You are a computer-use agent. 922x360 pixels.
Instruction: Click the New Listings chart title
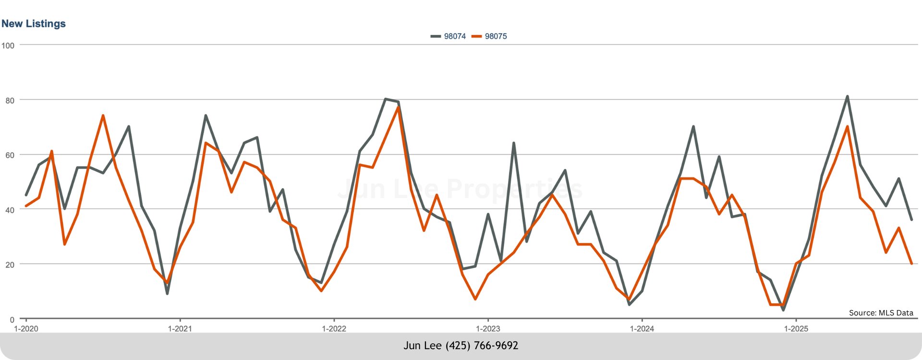pyautogui.click(x=34, y=24)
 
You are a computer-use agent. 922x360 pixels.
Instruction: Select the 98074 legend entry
pyautogui.click(x=449, y=36)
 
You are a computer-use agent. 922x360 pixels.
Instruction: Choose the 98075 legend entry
pyautogui.click(x=490, y=36)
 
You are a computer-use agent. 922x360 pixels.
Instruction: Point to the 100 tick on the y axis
pyautogui.click(x=8, y=46)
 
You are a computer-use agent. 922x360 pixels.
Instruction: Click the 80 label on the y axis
pyautogui.click(x=10, y=101)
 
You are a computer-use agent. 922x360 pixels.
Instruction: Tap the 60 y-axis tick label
pyautogui.click(x=10, y=156)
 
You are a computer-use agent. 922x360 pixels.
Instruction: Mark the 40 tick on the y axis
pyautogui.click(x=10, y=210)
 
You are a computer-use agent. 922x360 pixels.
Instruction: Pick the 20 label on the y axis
pyautogui.click(x=10, y=265)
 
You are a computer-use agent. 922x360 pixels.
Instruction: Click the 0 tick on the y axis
pyautogui.click(x=12, y=320)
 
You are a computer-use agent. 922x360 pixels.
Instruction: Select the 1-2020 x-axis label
pyautogui.click(x=26, y=329)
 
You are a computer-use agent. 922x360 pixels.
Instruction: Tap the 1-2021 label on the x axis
pyautogui.click(x=180, y=329)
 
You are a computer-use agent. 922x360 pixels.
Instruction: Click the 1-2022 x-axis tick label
pyautogui.click(x=334, y=329)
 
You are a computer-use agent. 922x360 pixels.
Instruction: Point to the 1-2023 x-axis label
pyautogui.click(x=488, y=329)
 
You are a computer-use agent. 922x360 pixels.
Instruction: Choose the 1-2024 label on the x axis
pyautogui.click(x=642, y=329)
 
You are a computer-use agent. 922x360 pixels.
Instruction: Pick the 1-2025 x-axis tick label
pyautogui.click(x=796, y=329)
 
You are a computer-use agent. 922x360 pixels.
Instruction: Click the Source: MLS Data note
pyautogui.click(x=881, y=313)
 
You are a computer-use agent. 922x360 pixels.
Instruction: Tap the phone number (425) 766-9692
pyautogui.click(x=482, y=346)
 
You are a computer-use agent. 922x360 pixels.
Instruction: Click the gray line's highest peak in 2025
pyautogui.click(x=847, y=96)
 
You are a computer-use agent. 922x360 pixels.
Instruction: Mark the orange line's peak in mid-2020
pyautogui.click(x=103, y=116)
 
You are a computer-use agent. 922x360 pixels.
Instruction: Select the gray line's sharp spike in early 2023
pyautogui.click(x=513, y=143)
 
